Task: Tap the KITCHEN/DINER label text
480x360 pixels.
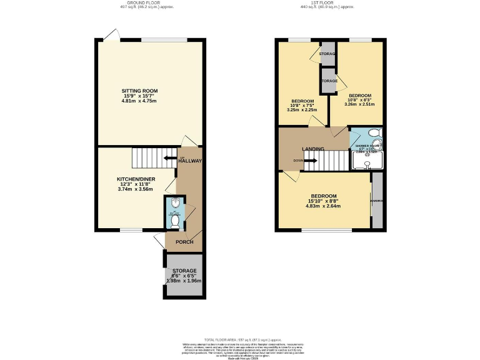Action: (136, 179)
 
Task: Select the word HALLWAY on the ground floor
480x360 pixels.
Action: (189, 161)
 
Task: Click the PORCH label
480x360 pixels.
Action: (184, 242)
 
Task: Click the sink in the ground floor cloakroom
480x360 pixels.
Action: (175, 202)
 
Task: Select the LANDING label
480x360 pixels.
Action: (312, 149)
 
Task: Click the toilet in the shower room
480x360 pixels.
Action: (373, 132)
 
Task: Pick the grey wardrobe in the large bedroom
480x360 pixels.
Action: (377, 201)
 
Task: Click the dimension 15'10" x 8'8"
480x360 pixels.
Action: (322, 201)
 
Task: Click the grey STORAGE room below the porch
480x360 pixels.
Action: (184, 275)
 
